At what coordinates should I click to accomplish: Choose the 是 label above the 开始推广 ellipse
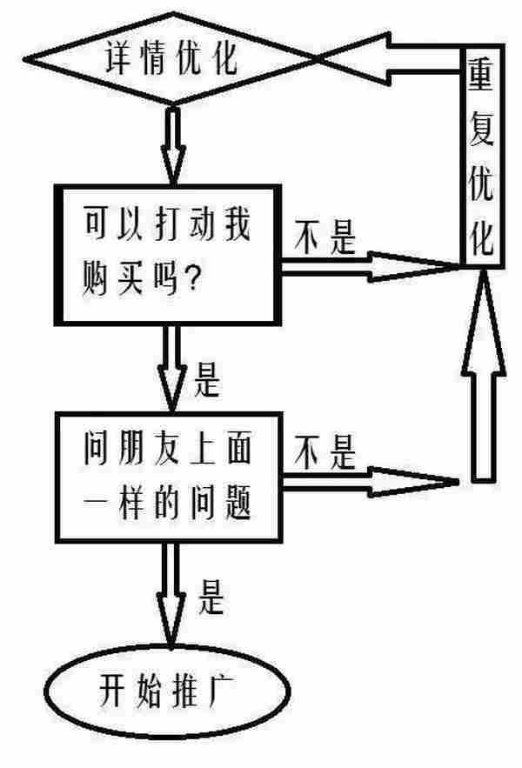click(x=212, y=598)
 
